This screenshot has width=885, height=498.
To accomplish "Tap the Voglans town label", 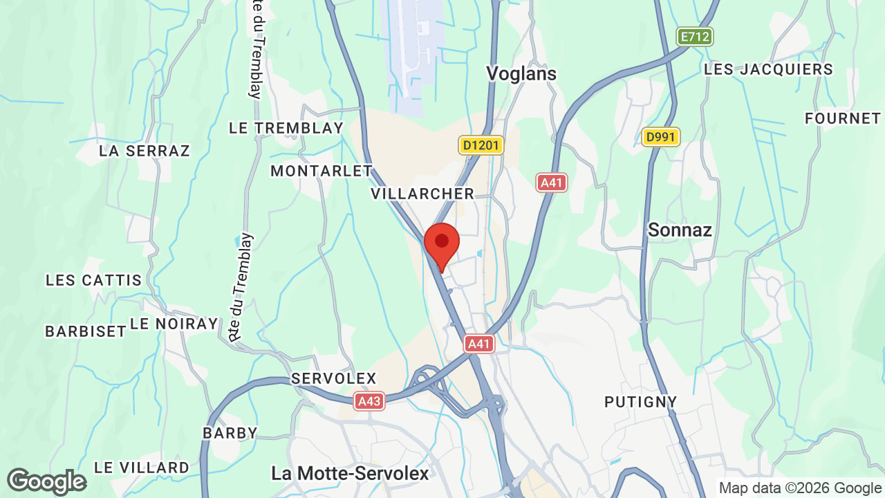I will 521,73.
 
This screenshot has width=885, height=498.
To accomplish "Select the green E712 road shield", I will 694,37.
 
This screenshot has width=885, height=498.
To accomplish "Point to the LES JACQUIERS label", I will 768,69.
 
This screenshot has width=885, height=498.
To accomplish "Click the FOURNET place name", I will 842,118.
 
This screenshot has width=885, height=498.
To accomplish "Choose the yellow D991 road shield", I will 660,137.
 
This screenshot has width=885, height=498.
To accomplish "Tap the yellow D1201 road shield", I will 481,145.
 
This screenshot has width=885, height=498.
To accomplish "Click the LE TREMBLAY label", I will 286,128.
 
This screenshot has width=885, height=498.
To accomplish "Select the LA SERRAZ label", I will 145,150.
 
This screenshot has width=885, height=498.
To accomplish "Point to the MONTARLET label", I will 321,171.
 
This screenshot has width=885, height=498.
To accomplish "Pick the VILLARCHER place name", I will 422,194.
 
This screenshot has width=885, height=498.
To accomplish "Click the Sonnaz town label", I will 680,230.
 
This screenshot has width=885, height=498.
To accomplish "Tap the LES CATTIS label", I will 93,280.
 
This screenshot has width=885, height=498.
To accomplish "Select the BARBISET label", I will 86,331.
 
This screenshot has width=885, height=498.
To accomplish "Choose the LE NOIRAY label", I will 174,324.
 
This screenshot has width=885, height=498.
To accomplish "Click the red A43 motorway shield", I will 369,401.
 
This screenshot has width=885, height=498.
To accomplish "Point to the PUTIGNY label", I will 640,402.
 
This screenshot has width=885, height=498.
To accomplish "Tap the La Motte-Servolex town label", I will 350,473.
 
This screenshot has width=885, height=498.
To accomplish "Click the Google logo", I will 46,481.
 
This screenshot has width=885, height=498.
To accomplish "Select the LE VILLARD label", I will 141,468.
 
